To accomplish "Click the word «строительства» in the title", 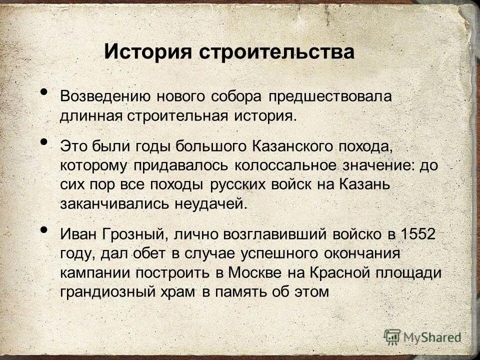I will (x=278, y=51).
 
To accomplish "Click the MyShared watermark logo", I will (x=422, y=336).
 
